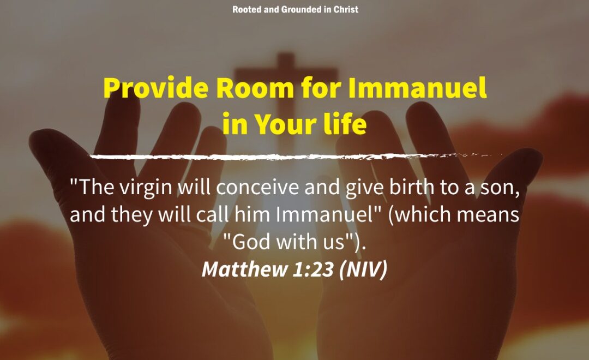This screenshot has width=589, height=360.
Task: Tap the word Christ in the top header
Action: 346,9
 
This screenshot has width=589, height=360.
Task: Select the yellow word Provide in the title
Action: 156,88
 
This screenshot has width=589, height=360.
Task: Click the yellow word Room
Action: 255,88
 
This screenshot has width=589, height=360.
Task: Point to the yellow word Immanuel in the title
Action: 417,88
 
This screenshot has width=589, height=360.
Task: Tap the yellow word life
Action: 345,123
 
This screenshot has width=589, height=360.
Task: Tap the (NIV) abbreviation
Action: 363,270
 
